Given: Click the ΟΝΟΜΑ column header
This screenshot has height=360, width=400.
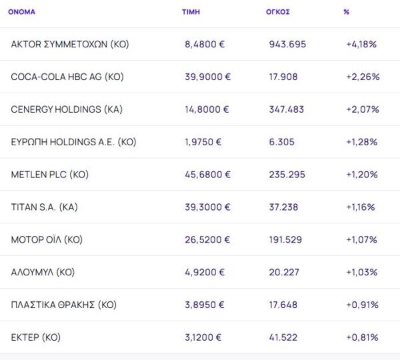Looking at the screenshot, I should click(22, 12).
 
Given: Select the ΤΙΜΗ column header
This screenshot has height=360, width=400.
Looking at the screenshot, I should click(191, 12).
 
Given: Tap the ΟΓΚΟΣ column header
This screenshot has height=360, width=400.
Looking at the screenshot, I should click(277, 12).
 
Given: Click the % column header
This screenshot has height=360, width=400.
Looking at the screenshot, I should click(347, 12).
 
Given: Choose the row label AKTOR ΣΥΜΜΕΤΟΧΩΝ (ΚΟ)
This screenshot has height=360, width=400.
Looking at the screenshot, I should click(70, 44).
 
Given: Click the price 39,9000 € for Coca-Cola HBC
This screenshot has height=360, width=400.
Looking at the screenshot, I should click(207, 77).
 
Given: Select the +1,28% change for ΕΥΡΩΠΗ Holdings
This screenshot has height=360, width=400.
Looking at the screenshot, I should click(362, 142).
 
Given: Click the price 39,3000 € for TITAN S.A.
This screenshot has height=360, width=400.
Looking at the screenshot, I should click(207, 207).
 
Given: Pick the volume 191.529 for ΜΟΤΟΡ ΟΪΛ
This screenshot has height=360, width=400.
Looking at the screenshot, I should click(287, 239).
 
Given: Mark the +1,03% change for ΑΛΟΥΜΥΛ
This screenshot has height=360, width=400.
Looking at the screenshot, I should click(362, 272).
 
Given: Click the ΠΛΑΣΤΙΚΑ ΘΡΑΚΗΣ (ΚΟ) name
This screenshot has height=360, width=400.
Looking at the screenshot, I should click(64, 305).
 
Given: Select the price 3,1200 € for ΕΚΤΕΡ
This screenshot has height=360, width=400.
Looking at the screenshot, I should click(205, 337).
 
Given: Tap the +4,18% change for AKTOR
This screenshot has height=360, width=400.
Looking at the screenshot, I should click(362, 44).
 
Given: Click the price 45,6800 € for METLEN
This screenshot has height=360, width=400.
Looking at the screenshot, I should click(207, 175).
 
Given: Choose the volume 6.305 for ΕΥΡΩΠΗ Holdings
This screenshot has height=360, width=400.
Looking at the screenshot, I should click(283, 142).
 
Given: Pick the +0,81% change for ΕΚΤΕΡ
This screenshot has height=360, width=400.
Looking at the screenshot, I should click(362, 337).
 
